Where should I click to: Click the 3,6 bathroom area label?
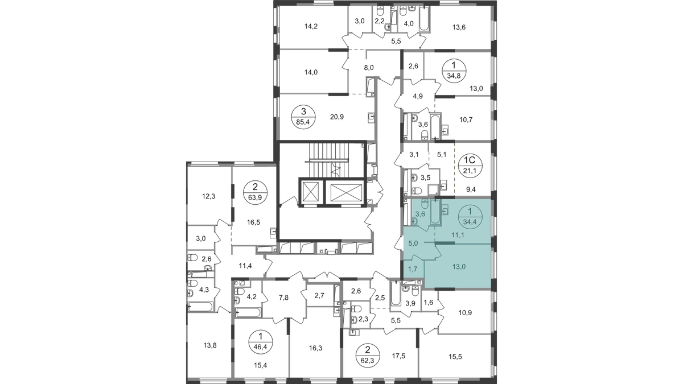[x=422, y=214]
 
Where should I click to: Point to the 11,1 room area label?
[x=454, y=234]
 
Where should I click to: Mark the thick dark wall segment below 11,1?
[x=445, y=243]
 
